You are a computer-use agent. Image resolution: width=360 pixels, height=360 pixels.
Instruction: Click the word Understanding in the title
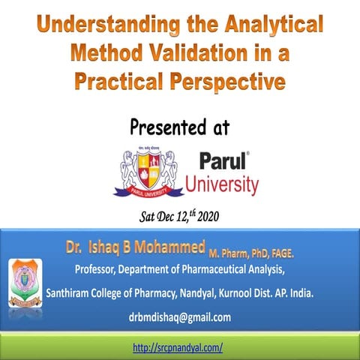pos(98,25)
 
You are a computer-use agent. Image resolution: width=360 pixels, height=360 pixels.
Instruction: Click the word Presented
pos(166,127)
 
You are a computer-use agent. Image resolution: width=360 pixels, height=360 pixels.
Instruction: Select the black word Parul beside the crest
pos(223,161)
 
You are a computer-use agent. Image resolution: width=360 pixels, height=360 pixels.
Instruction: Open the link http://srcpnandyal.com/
pos(178,348)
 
